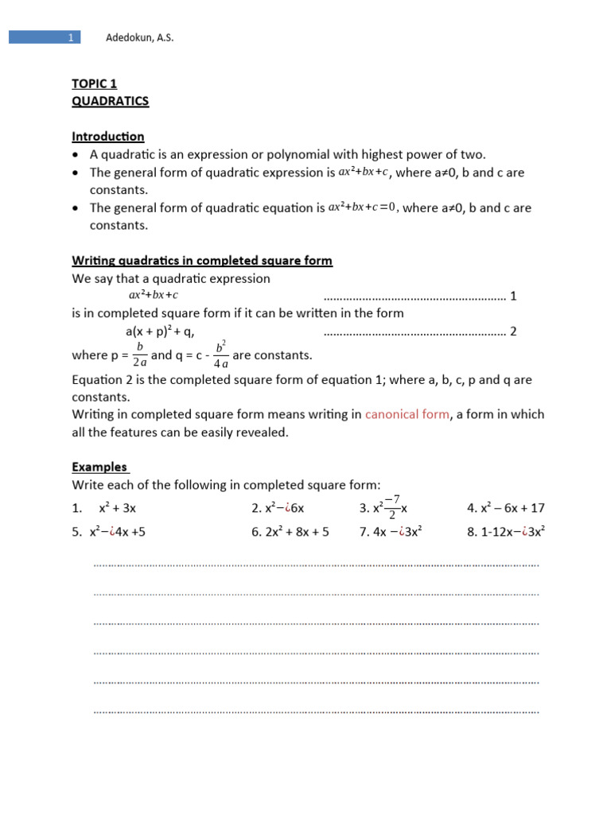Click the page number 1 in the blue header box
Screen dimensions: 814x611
tap(71, 37)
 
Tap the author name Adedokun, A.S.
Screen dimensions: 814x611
tap(140, 37)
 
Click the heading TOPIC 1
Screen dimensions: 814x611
tap(95, 83)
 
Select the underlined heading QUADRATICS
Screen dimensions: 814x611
tap(110, 101)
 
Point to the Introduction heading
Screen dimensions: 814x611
tap(108, 137)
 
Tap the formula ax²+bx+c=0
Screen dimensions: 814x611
tap(362, 207)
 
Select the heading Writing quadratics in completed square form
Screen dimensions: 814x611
tap(202, 261)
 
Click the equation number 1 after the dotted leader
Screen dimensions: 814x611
tap(513, 297)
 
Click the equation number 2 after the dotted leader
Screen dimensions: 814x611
tap(513, 331)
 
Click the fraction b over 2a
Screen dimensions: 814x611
tap(139, 355)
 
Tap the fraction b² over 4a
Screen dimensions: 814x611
tap(221, 355)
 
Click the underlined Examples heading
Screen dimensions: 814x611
tap(99, 467)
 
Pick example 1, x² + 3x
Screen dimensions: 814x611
tap(123, 508)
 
